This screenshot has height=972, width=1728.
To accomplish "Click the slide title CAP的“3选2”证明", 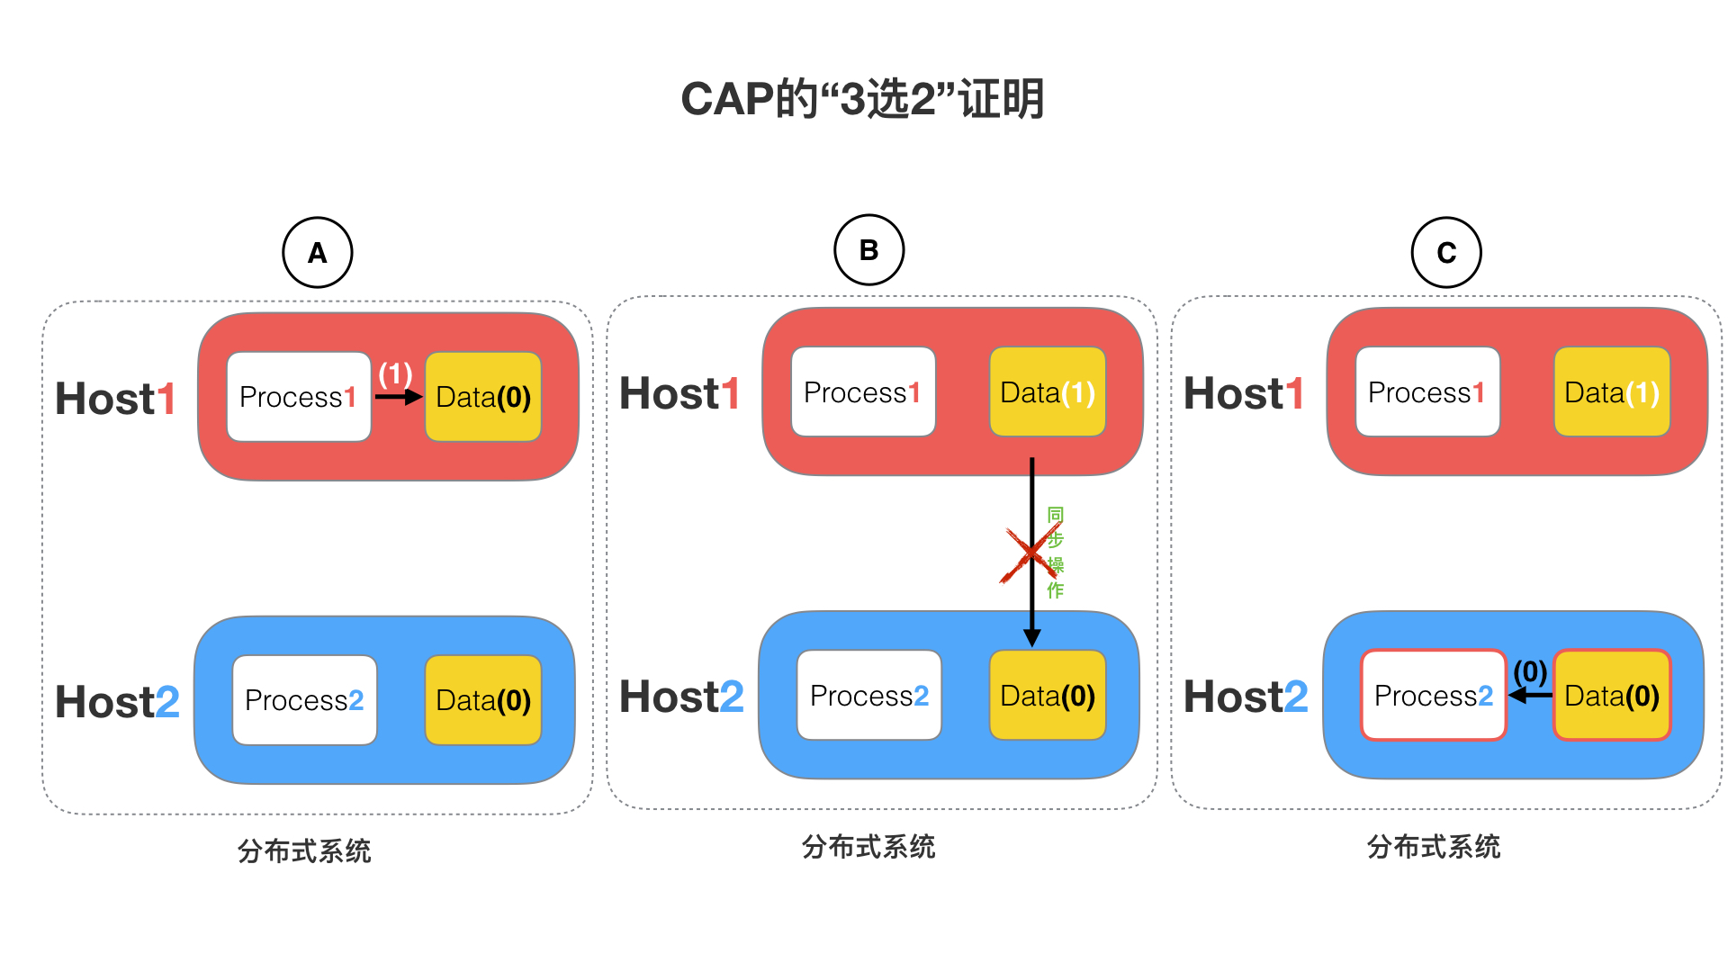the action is (862, 98).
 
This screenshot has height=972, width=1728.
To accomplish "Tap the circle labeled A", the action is (318, 253).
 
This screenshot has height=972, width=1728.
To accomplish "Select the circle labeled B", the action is (868, 250).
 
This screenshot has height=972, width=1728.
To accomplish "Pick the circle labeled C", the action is (1446, 253).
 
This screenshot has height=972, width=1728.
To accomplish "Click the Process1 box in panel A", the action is (299, 397).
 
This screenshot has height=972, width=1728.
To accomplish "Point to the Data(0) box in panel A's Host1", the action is (483, 397).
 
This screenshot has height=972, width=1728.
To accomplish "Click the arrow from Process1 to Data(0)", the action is (399, 396).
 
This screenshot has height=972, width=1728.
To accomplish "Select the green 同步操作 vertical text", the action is (1056, 553).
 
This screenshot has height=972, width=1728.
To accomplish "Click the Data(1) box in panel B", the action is (1048, 391).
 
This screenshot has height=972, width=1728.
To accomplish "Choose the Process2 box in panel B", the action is (869, 695).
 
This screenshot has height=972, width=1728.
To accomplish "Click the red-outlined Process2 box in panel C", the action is (1434, 695).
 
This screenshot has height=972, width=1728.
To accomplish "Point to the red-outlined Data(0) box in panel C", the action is (1612, 695).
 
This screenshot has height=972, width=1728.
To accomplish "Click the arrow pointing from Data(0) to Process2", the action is (1530, 695).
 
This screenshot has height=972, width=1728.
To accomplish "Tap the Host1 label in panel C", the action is (1244, 393).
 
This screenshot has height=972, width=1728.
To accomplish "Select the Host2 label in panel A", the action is (118, 702).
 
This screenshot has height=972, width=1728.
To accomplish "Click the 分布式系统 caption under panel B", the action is (868, 847).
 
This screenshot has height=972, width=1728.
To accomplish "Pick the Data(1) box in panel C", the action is (1612, 391).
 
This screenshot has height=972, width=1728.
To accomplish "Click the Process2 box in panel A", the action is (304, 700).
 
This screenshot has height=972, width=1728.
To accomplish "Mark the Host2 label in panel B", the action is (682, 697).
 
